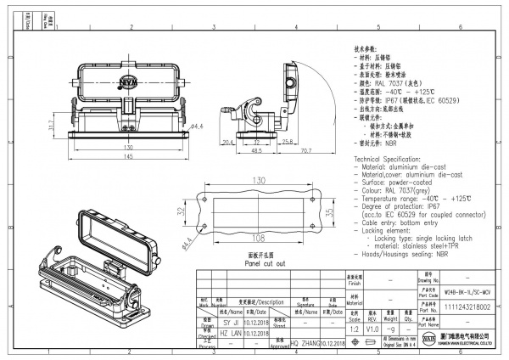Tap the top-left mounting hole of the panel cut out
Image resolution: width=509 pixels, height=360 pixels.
204,194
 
